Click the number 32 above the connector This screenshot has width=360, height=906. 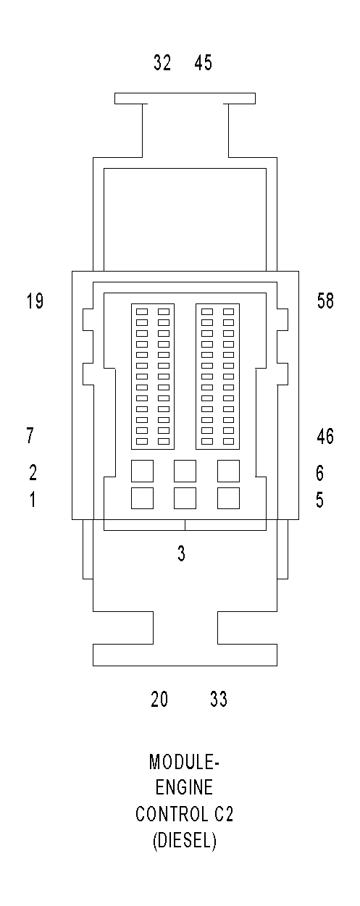click(162, 64)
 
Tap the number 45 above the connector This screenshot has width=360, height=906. click(204, 64)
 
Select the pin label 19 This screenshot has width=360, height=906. click(35, 301)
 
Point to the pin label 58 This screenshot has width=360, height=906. click(326, 301)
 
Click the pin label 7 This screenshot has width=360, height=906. click(30, 436)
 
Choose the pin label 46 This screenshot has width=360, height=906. click(325, 436)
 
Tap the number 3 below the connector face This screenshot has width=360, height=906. click(181, 554)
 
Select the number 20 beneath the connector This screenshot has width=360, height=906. click(159, 700)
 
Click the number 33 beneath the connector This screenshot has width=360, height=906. click(218, 700)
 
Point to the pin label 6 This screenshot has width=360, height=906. click(319, 473)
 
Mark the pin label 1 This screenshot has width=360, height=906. click(32, 500)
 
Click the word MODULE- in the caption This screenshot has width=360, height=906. click(184, 763)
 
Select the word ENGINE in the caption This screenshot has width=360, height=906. click(184, 789)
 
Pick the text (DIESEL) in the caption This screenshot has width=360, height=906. click(184, 842)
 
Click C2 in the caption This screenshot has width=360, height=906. click(222, 815)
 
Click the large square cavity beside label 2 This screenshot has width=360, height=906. click(142, 471)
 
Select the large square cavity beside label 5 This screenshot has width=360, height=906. click(229, 498)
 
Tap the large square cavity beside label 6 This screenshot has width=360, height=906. click(229, 471)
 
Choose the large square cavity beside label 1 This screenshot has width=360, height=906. click(142, 498)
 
